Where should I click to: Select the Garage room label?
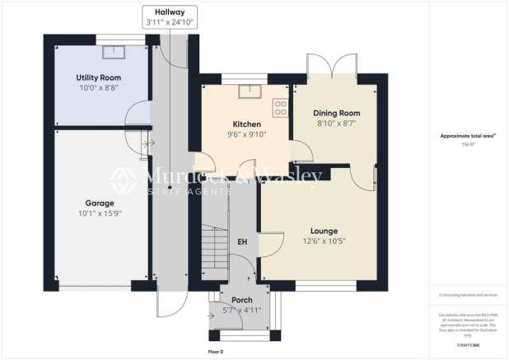(99, 202)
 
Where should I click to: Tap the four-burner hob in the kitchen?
(280, 106)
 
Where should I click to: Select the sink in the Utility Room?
(110, 53)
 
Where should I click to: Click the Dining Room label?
(339, 113)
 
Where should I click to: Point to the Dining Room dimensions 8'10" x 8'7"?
(339, 124)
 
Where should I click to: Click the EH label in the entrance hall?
(242, 242)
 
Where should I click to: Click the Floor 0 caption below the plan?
(217, 351)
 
